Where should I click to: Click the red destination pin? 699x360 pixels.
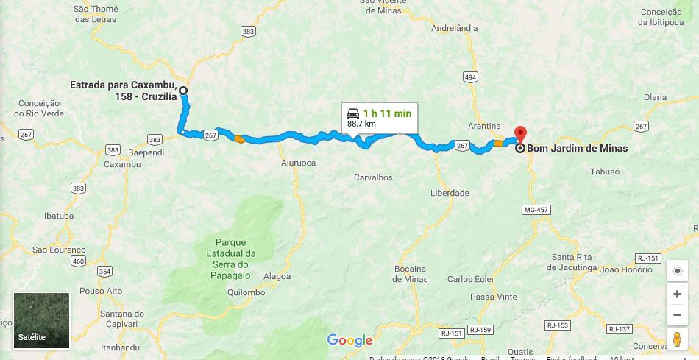click(x=521, y=134)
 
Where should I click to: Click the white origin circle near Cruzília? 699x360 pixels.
click(x=183, y=91)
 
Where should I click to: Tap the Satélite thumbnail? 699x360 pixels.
click(x=41, y=320)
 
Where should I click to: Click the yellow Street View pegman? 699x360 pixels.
click(x=677, y=339)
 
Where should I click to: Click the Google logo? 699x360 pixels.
click(x=349, y=340)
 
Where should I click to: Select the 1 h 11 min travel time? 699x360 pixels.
click(x=387, y=113)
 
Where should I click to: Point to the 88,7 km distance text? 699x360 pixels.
click(x=361, y=124)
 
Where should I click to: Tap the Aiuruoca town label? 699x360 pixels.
click(x=298, y=163)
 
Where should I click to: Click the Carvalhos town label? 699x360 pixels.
click(x=373, y=177)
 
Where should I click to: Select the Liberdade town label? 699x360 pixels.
click(x=450, y=193)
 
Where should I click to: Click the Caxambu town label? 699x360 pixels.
click(x=121, y=163)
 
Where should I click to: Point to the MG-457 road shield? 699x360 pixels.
click(x=536, y=211)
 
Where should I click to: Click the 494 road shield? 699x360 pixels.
click(x=471, y=77)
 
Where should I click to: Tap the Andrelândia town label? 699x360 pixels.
click(x=455, y=28)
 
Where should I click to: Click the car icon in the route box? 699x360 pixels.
click(x=353, y=113)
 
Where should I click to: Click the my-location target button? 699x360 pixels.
click(x=677, y=270)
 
